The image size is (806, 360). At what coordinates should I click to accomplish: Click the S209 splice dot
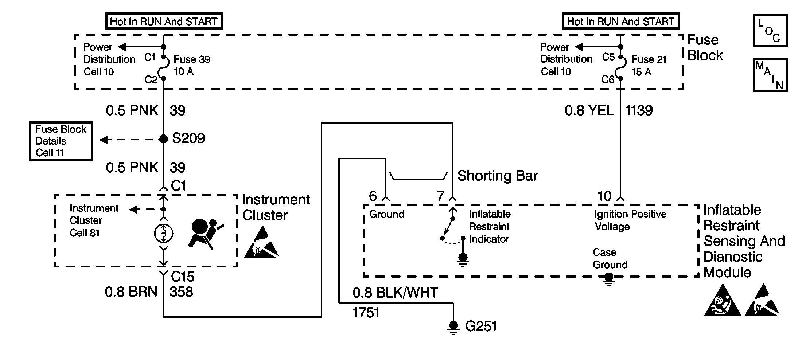164,139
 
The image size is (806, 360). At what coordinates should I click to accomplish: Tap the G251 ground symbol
453,327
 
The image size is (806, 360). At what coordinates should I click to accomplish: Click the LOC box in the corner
770,31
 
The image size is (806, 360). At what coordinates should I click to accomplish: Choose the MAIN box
770,75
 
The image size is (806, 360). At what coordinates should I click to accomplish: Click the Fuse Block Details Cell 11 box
61,141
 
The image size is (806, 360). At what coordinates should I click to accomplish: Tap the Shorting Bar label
497,176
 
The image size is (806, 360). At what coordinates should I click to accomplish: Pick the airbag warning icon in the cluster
205,233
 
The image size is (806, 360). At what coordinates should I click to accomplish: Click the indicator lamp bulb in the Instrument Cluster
164,233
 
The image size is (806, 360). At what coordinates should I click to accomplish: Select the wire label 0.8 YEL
589,110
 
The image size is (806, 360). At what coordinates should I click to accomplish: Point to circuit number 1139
639,110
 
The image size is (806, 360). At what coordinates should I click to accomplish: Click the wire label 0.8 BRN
131,292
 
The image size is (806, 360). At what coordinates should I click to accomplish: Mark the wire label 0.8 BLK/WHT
395,293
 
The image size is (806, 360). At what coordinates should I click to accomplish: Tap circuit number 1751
366,313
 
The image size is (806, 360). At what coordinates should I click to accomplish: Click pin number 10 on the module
604,196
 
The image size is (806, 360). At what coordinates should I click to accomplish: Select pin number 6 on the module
373,196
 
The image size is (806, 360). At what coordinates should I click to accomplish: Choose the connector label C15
183,277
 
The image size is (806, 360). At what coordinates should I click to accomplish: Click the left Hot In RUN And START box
164,21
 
